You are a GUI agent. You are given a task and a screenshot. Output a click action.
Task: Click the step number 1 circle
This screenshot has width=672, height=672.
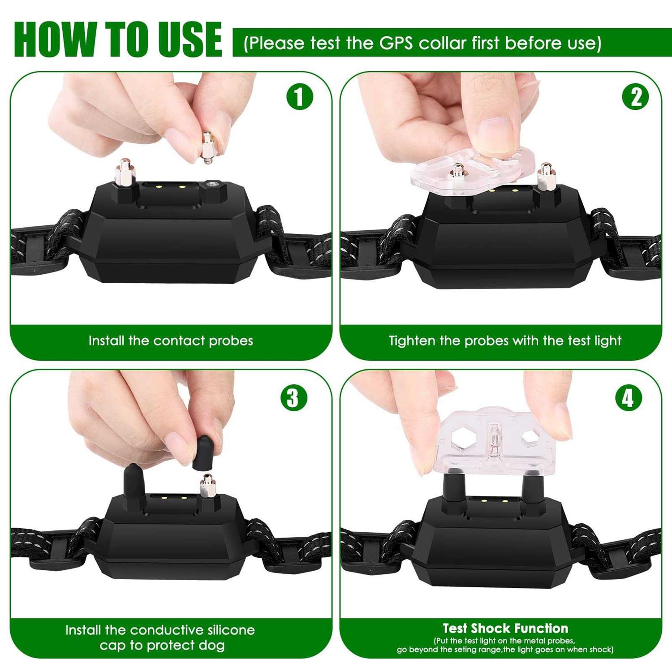click(300, 97)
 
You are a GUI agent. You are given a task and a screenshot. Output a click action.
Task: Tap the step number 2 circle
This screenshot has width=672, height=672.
click(636, 97)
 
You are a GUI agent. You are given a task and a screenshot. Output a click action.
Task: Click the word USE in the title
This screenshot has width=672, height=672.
click(190, 39)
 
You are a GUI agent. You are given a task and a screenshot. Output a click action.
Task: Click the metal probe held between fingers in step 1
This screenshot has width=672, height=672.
click(207, 147)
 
